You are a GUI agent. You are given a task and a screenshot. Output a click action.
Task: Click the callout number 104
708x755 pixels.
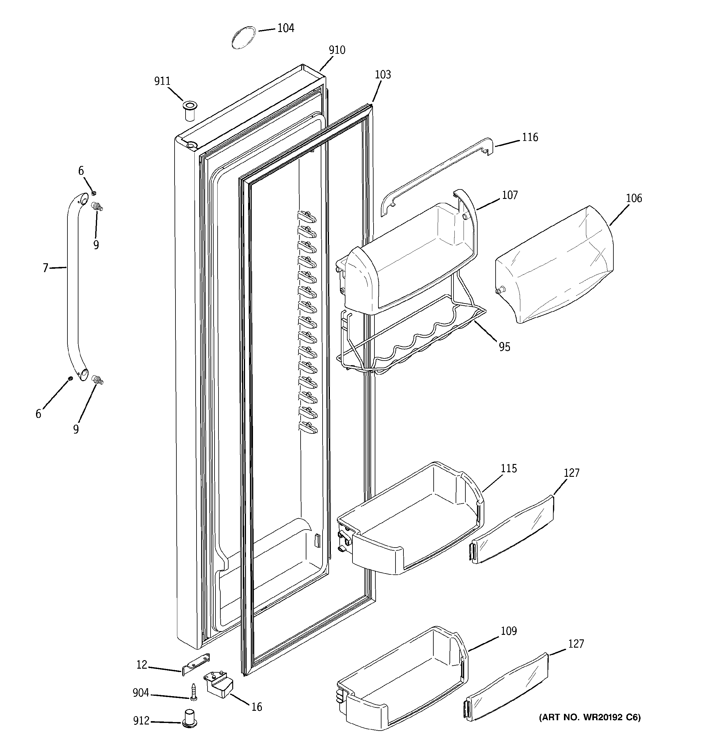[285, 28]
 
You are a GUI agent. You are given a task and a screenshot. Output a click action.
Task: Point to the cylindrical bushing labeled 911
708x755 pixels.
[189, 110]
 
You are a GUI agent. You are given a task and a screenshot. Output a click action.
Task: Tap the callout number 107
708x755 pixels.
[510, 195]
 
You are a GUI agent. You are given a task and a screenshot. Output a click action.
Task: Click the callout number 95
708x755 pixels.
[504, 347]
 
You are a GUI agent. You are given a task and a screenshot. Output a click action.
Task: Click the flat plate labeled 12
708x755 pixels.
[196, 664]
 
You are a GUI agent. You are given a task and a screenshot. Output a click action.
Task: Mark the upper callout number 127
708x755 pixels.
[571, 473]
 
